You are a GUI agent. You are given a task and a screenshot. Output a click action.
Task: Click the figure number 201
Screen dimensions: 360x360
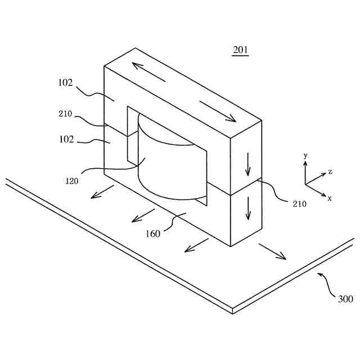click(240, 51)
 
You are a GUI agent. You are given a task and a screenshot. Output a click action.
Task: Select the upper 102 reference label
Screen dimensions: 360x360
click(65, 82)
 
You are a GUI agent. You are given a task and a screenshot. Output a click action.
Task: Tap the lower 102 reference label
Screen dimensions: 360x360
click(65, 139)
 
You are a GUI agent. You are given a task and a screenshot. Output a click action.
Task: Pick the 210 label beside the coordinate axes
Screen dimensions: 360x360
click(299, 204)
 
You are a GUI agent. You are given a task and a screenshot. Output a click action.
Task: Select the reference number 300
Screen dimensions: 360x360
click(345, 299)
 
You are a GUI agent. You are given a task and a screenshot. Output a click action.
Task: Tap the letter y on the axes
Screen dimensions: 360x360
click(304, 155)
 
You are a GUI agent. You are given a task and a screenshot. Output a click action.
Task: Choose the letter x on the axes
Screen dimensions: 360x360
click(330, 198)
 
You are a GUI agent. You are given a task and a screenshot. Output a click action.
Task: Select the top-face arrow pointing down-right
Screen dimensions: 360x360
click(218, 112)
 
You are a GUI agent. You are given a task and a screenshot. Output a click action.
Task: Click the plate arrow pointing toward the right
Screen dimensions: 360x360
click(273, 251)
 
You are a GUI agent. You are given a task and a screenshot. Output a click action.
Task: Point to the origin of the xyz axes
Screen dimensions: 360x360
click(305, 184)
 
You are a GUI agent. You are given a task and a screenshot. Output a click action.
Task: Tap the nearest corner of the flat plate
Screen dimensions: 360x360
click(232, 311)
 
